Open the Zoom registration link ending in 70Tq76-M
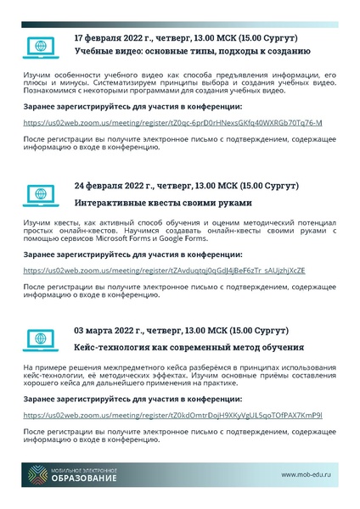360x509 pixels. click(x=172, y=122)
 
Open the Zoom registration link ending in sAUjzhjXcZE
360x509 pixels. click(x=164, y=270)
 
